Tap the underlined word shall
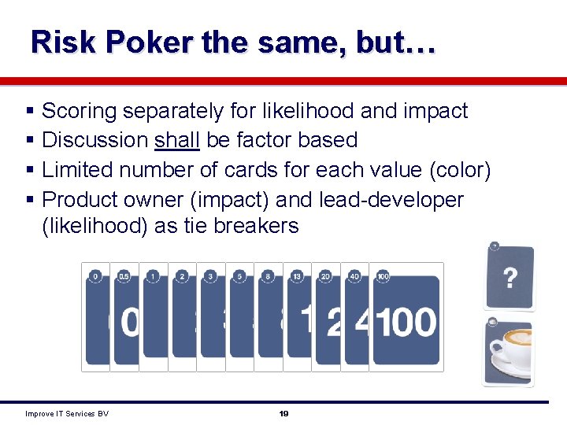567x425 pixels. click(x=177, y=140)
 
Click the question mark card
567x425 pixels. click(x=510, y=277)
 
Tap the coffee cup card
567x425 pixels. click(x=508, y=353)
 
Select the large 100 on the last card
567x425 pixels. click(x=406, y=323)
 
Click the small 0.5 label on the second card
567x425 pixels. click(x=124, y=276)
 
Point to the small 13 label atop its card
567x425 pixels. click(x=296, y=276)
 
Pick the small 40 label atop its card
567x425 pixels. click(x=354, y=276)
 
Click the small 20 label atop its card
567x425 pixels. click(x=325, y=276)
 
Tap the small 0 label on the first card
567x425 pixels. click(x=95, y=276)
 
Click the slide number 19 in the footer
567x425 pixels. click(x=283, y=413)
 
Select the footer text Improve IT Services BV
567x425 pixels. click(x=67, y=413)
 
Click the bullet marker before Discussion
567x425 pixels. click(x=30, y=140)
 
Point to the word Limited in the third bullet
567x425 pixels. click(x=77, y=169)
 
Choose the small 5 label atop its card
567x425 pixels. click(x=239, y=276)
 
